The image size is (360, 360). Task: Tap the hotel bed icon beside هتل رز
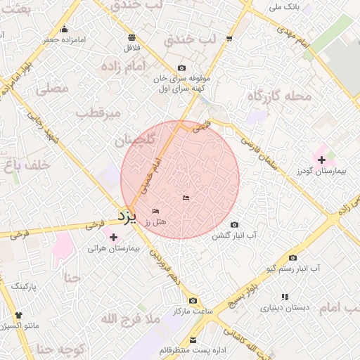(x=155, y=212)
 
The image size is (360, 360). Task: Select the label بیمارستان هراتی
(x=115, y=248)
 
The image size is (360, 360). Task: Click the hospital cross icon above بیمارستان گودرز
(x=321, y=160)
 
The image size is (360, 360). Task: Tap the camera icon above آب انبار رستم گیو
(x=292, y=258)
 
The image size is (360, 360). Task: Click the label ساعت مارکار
(x=192, y=311)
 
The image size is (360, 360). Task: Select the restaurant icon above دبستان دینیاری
(x=285, y=297)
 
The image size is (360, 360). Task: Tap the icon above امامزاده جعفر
(x=65, y=29)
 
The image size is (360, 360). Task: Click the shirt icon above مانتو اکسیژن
(x=18, y=316)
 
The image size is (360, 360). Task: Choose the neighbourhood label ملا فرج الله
(x=131, y=320)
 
